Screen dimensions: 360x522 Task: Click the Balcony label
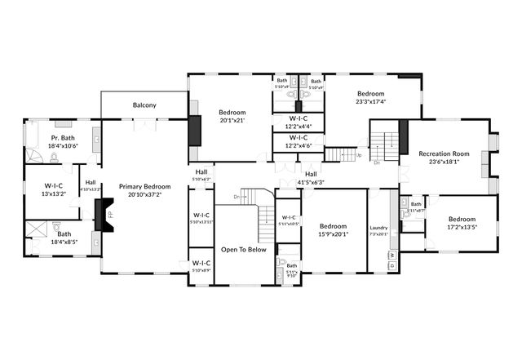pos(144,105)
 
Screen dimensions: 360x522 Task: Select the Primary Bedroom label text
pos(143,187)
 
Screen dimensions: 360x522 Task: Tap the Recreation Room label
pos(444,153)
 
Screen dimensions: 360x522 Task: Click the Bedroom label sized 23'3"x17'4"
pos(370,94)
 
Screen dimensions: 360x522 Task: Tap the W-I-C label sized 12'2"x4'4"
pos(297,121)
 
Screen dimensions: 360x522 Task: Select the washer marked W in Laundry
pos(391,256)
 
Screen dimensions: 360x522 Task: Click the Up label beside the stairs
pos(359,154)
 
